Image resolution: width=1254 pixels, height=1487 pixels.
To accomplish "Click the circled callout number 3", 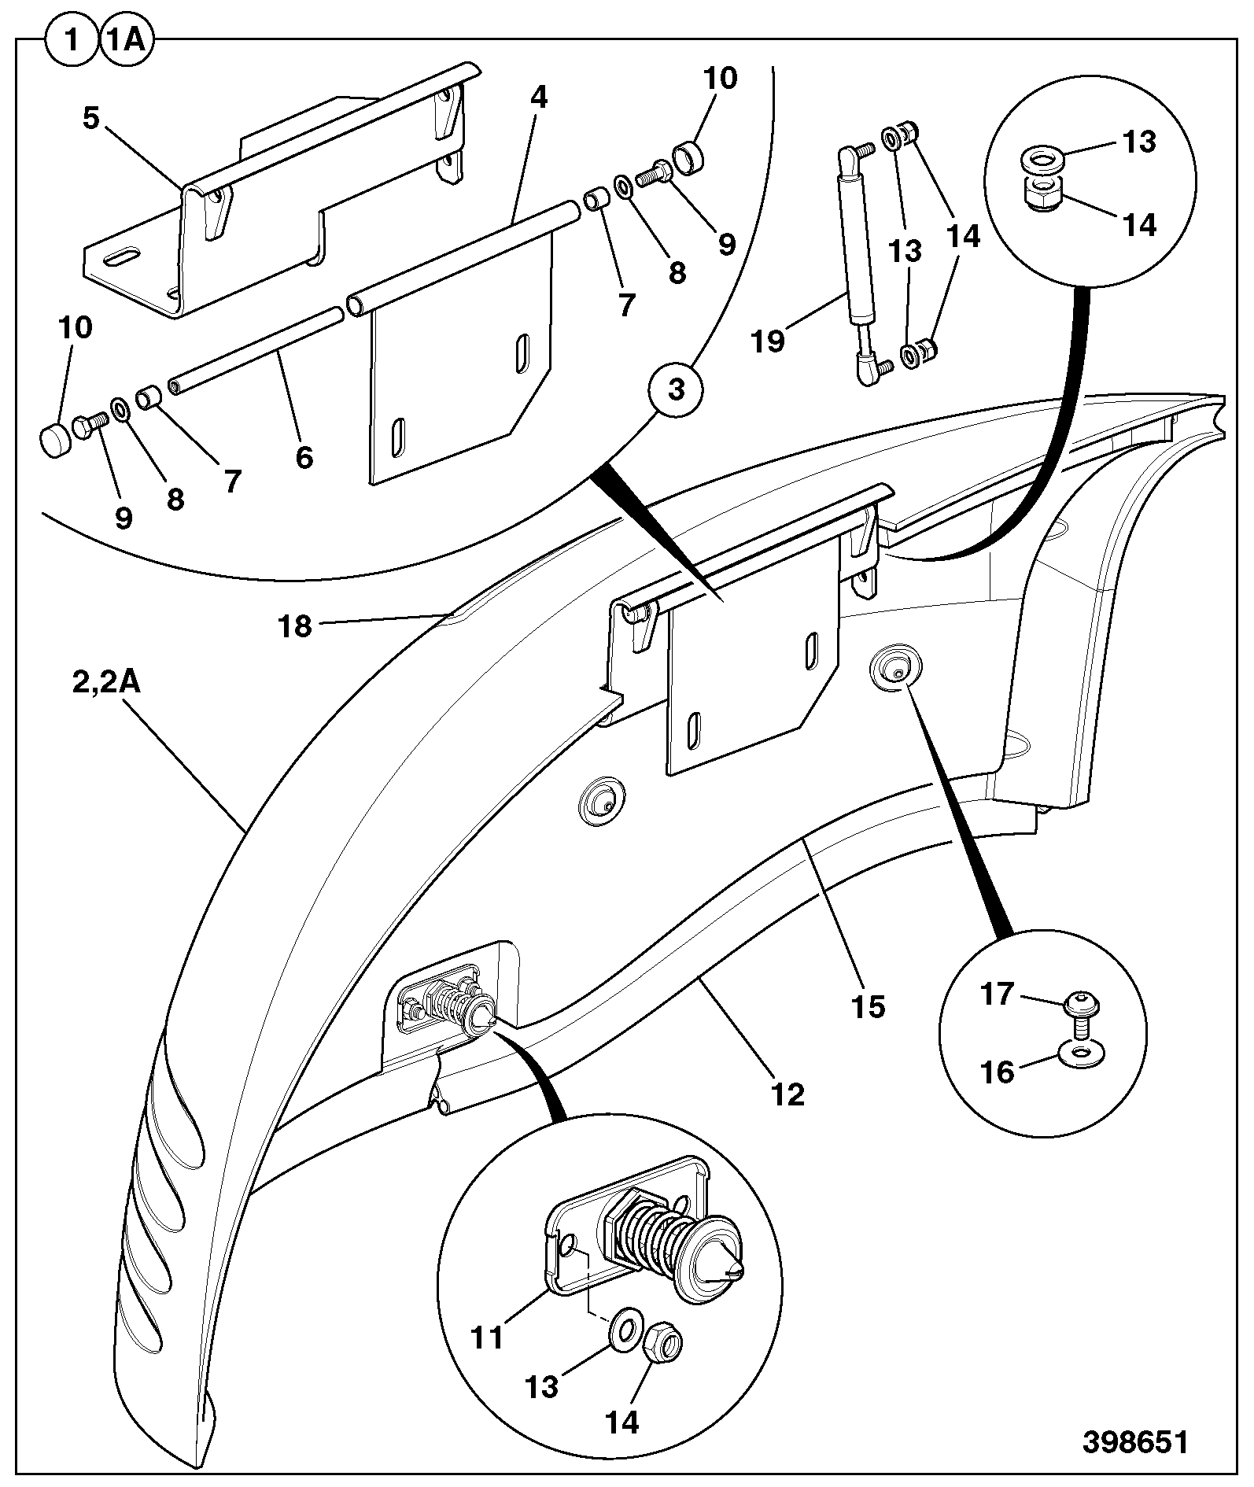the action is [676, 389].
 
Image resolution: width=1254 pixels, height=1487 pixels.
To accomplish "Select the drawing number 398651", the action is [1135, 1442].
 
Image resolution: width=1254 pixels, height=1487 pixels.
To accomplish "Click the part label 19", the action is [768, 341].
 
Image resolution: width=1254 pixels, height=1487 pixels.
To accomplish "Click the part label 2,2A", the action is [106, 682].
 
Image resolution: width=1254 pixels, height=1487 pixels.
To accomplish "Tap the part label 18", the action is [295, 626].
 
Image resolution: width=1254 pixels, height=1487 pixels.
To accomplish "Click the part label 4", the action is [538, 98].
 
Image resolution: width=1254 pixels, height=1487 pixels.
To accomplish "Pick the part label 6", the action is [304, 456].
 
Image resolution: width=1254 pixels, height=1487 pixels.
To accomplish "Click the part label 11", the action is [486, 1337].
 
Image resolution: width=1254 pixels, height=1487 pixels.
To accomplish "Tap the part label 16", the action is [998, 1072].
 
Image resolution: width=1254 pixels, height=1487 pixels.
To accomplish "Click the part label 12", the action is [788, 1094].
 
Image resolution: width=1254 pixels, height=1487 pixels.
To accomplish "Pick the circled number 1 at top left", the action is [72, 39].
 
